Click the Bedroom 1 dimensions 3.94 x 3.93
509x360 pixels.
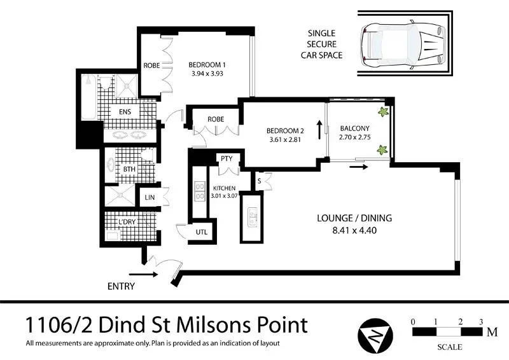[x=207, y=74]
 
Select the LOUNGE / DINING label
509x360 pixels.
[x=354, y=218]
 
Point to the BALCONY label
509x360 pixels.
[x=355, y=128]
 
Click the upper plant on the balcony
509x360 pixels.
[x=383, y=112]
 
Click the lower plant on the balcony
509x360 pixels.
[x=382, y=150]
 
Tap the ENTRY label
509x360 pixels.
[x=121, y=286]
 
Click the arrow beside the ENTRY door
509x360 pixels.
[x=143, y=275]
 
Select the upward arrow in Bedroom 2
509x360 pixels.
[x=319, y=130]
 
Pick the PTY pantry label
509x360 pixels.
[x=227, y=158]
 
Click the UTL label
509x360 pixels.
[x=202, y=232]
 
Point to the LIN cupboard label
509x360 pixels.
[x=150, y=197]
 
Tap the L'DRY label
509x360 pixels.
[x=127, y=222]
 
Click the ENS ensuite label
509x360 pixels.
[x=125, y=112]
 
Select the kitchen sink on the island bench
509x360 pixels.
[x=252, y=217]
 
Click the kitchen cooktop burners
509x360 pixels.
[x=200, y=191]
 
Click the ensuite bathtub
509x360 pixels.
[x=88, y=97]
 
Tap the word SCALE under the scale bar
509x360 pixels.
[x=450, y=347]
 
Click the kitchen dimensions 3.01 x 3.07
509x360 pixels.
[x=225, y=196]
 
